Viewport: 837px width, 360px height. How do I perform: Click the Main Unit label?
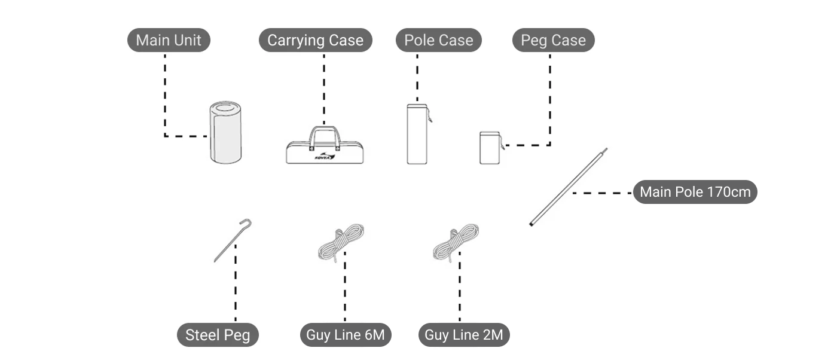click(x=169, y=41)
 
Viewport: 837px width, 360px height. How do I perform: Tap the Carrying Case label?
click(x=315, y=41)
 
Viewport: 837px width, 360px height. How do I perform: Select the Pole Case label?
click(x=438, y=41)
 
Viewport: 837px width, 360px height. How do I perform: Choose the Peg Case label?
click(x=553, y=41)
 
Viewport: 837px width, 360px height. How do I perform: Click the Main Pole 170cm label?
click(x=695, y=193)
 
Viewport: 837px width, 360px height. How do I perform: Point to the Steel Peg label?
click(x=218, y=335)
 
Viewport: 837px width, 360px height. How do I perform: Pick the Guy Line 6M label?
click(x=345, y=335)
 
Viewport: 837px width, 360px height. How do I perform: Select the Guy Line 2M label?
click(x=463, y=335)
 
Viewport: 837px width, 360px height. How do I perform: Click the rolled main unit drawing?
click(x=225, y=132)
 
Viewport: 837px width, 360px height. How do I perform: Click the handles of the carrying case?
click(x=325, y=134)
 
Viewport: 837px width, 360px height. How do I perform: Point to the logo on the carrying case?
click(x=325, y=157)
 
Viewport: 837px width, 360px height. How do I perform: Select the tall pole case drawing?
click(x=417, y=135)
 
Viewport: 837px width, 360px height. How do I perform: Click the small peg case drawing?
click(x=489, y=148)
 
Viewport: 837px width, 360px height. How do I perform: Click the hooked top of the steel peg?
click(x=246, y=222)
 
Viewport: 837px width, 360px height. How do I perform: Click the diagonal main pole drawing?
click(x=568, y=187)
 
